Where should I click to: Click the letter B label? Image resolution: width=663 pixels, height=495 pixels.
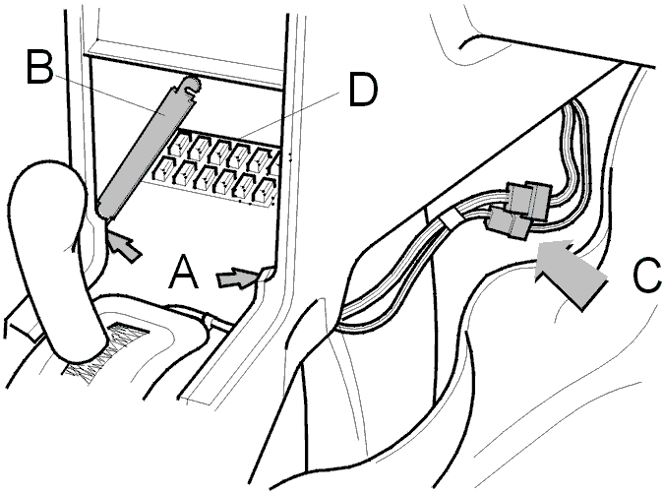point(40,67)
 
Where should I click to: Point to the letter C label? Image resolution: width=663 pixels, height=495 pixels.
point(647,276)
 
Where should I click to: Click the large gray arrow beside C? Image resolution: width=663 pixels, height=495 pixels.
point(570,271)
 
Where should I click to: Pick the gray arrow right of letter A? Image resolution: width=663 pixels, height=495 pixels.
point(237,278)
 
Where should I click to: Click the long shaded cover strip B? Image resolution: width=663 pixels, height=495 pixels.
point(145,148)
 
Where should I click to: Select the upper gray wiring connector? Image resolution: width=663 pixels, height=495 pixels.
point(529,198)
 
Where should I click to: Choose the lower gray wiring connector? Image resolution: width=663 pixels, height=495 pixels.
point(509,224)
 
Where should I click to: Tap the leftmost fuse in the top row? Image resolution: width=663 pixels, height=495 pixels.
point(179,144)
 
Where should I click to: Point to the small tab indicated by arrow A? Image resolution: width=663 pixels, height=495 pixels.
point(265,274)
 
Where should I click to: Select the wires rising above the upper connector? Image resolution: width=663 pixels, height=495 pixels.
point(573,144)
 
